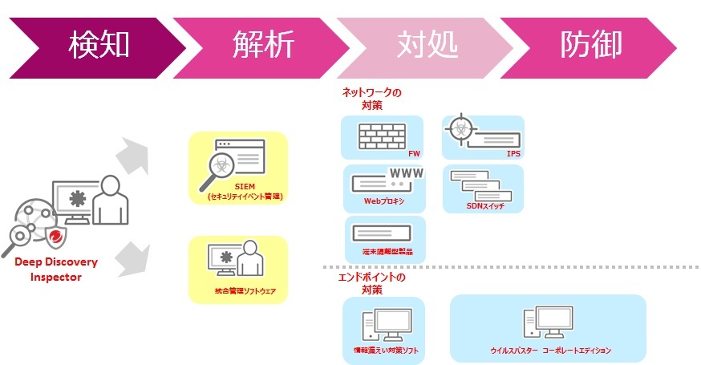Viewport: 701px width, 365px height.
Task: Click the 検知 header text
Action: tap(99, 44)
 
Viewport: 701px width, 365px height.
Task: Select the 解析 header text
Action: tap(264, 44)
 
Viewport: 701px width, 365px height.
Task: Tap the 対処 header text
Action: tap(427, 44)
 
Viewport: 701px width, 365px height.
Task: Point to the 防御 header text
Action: tap(591, 44)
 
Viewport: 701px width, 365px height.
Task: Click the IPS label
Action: tap(513, 153)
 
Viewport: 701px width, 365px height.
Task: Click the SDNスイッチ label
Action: tap(484, 205)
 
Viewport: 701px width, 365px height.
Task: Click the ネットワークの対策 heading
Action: tap(371, 99)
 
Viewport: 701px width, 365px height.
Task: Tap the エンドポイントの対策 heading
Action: tap(371, 283)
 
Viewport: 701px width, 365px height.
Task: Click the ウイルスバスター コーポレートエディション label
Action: tap(550, 351)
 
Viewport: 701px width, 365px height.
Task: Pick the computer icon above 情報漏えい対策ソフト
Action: tap(382, 325)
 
